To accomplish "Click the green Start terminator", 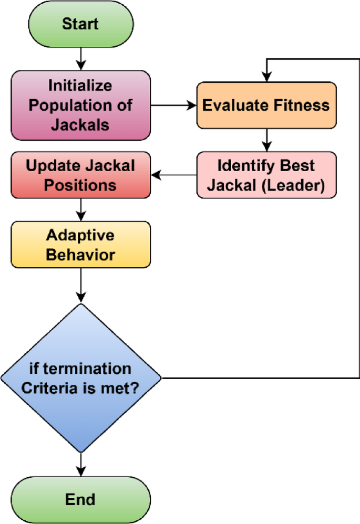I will click(80, 24).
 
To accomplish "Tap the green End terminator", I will click(80, 498).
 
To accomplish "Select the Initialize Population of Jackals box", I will click(80, 106).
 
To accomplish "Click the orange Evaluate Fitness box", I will click(266, 105).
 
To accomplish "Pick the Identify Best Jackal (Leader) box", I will click(266, 175).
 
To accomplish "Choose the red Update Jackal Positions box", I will click(80, 175).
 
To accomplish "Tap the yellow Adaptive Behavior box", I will click(80, 245).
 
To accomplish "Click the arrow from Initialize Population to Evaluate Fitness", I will click(173, 106).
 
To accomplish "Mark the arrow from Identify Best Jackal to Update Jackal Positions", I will click(173, 175).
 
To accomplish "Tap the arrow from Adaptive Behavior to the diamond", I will click(80, 286).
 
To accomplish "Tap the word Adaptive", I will click(80, 236).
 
